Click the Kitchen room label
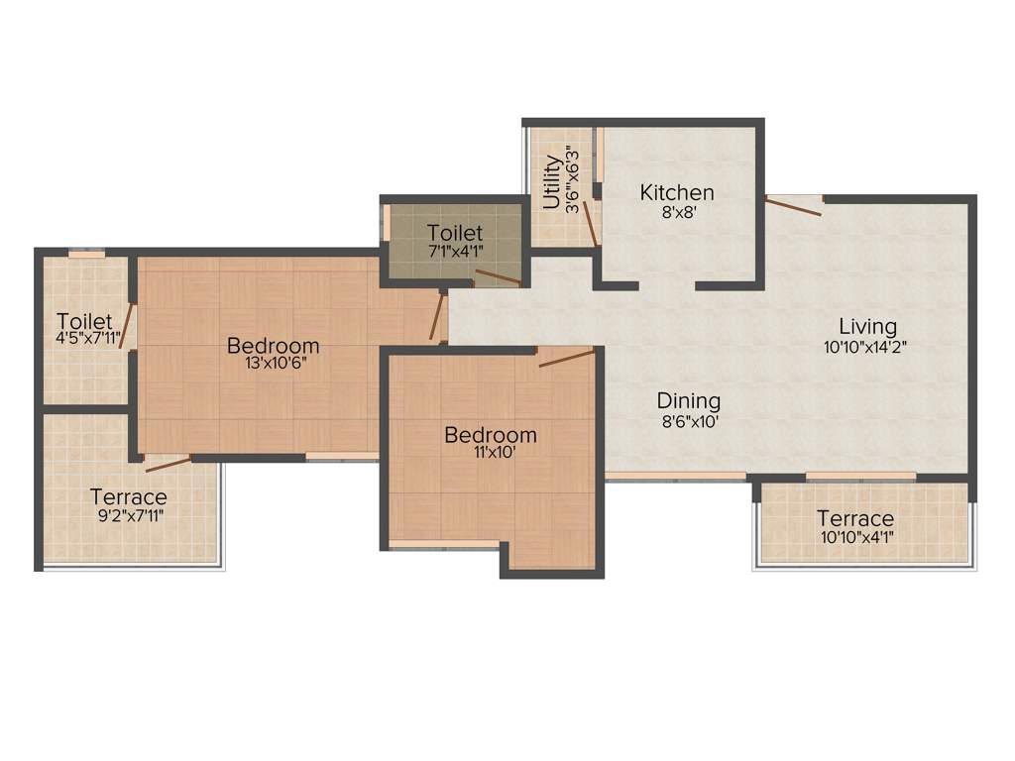coord(677,192)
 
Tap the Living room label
coord(867,326)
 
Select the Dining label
coord(689,401)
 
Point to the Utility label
coord(551,180)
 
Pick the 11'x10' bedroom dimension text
coord(491,453)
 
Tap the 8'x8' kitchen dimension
coord(677,210)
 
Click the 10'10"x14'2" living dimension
coord(866,347)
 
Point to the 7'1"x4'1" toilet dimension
coord(455,251)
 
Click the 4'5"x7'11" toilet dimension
coord(88,338)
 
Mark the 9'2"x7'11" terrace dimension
coord(129,514)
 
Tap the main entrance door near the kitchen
coord(793,206)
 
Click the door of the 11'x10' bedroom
coord(567,358)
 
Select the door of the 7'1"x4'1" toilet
coord(498,277)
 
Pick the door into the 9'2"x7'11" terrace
coord(168,464)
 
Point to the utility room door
coord(589,223)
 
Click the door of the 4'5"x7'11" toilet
coord(126,326)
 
